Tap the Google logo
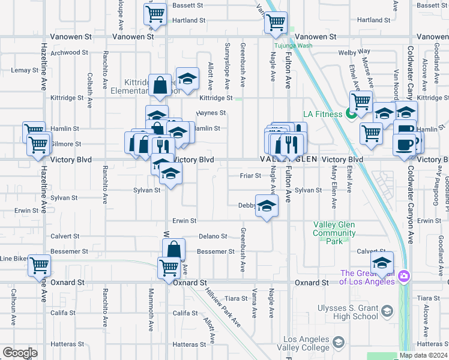pyautogui.click(x=20, y=353)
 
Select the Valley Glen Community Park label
pyautogui.click(x=334, y=233)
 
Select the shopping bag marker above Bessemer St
pyautogui.click(x=173, y=249)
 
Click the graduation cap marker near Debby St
pyautogui.click(x=267, y=206)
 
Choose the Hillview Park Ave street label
pyautogui.click(x=223, y=308)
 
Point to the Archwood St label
pyautogui.click(x=70, y=53)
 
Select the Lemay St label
pyautogui.click(x=25, y=70)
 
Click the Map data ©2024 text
pyautogui.click(x=424, y=355)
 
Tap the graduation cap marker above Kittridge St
pyautogui.click(x=187, y=79)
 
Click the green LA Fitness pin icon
pyautogui.click(x=349, y=113)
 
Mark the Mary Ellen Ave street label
pyautogui.click(x=334, y=180)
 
